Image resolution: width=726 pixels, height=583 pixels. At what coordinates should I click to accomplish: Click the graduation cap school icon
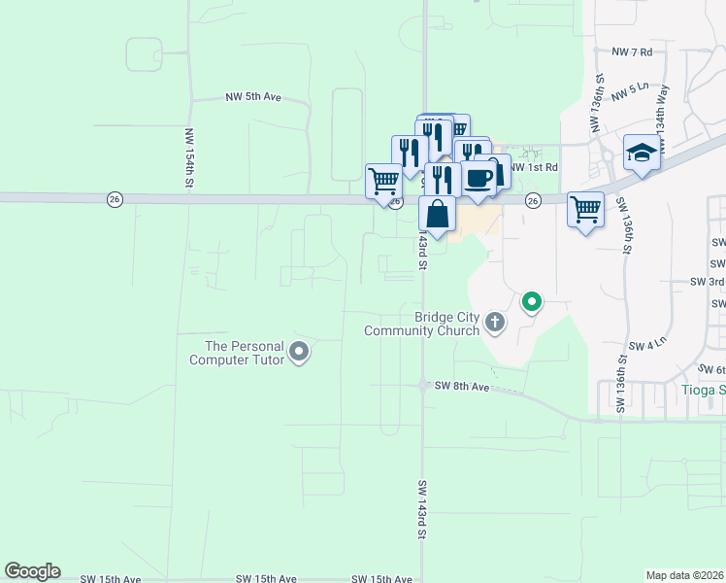pos(642,153)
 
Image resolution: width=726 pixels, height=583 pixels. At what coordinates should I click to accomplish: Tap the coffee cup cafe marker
pos(478,178)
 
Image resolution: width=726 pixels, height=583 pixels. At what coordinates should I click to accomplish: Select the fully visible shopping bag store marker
pos(437,214)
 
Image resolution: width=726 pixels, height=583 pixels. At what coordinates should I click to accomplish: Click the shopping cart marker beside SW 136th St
pos(585,209)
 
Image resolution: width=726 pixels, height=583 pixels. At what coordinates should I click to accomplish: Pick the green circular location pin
pos(531,303)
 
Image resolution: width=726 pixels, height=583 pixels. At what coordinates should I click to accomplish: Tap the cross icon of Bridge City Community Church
pos(495,322)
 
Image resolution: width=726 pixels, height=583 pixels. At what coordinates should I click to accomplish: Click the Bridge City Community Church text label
pos(422,324)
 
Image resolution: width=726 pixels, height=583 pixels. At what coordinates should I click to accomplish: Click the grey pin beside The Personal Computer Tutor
pos(299,352)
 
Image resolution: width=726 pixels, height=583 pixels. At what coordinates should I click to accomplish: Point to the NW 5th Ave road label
pos(252,97)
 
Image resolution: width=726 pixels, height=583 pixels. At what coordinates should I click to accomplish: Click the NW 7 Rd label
pos(632,51)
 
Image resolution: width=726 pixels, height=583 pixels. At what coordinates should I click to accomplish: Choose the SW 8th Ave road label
pos(462,386)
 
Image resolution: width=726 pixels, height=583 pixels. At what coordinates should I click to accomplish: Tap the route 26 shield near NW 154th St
pos(115,198)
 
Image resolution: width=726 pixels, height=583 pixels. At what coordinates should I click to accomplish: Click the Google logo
pos(32,571)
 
